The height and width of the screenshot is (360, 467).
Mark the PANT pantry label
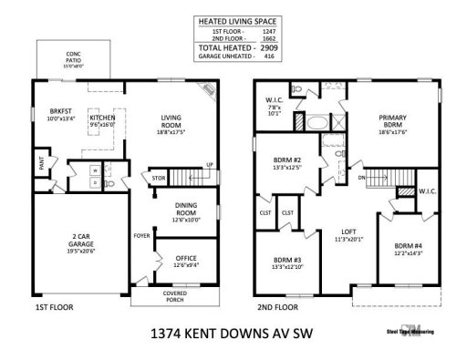point(42,164)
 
